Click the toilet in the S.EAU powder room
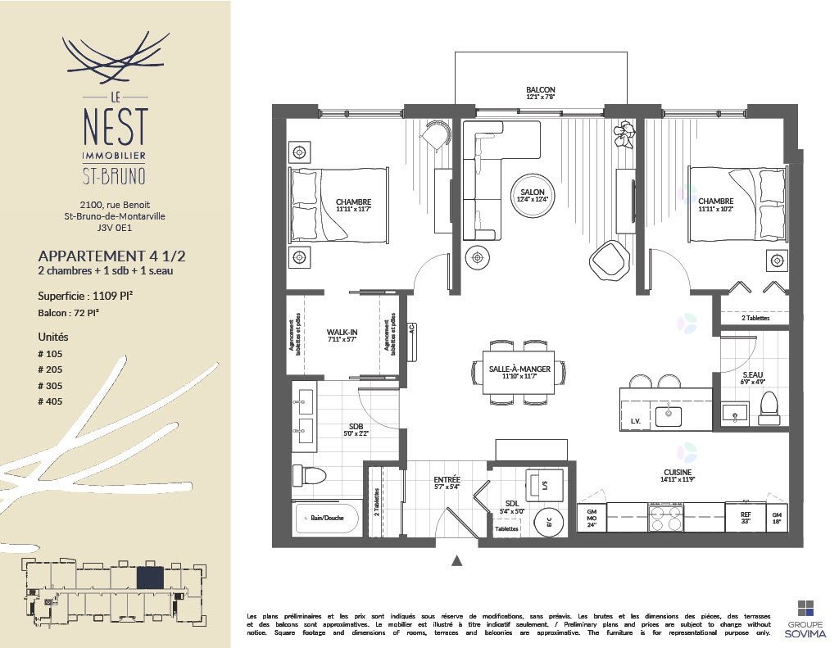[x=769, y=408]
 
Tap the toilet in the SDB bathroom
[x=311, y=475]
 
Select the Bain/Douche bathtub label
[x=327, y=519]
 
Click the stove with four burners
[x=665, y=519]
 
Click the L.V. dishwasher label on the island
[x=635, y=421]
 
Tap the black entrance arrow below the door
[x=457, y=561]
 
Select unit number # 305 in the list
[x=50, y=386]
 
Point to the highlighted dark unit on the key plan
[x=149, y=578]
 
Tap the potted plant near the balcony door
[x=625, y=134]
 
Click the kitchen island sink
[x=669, y=415]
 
